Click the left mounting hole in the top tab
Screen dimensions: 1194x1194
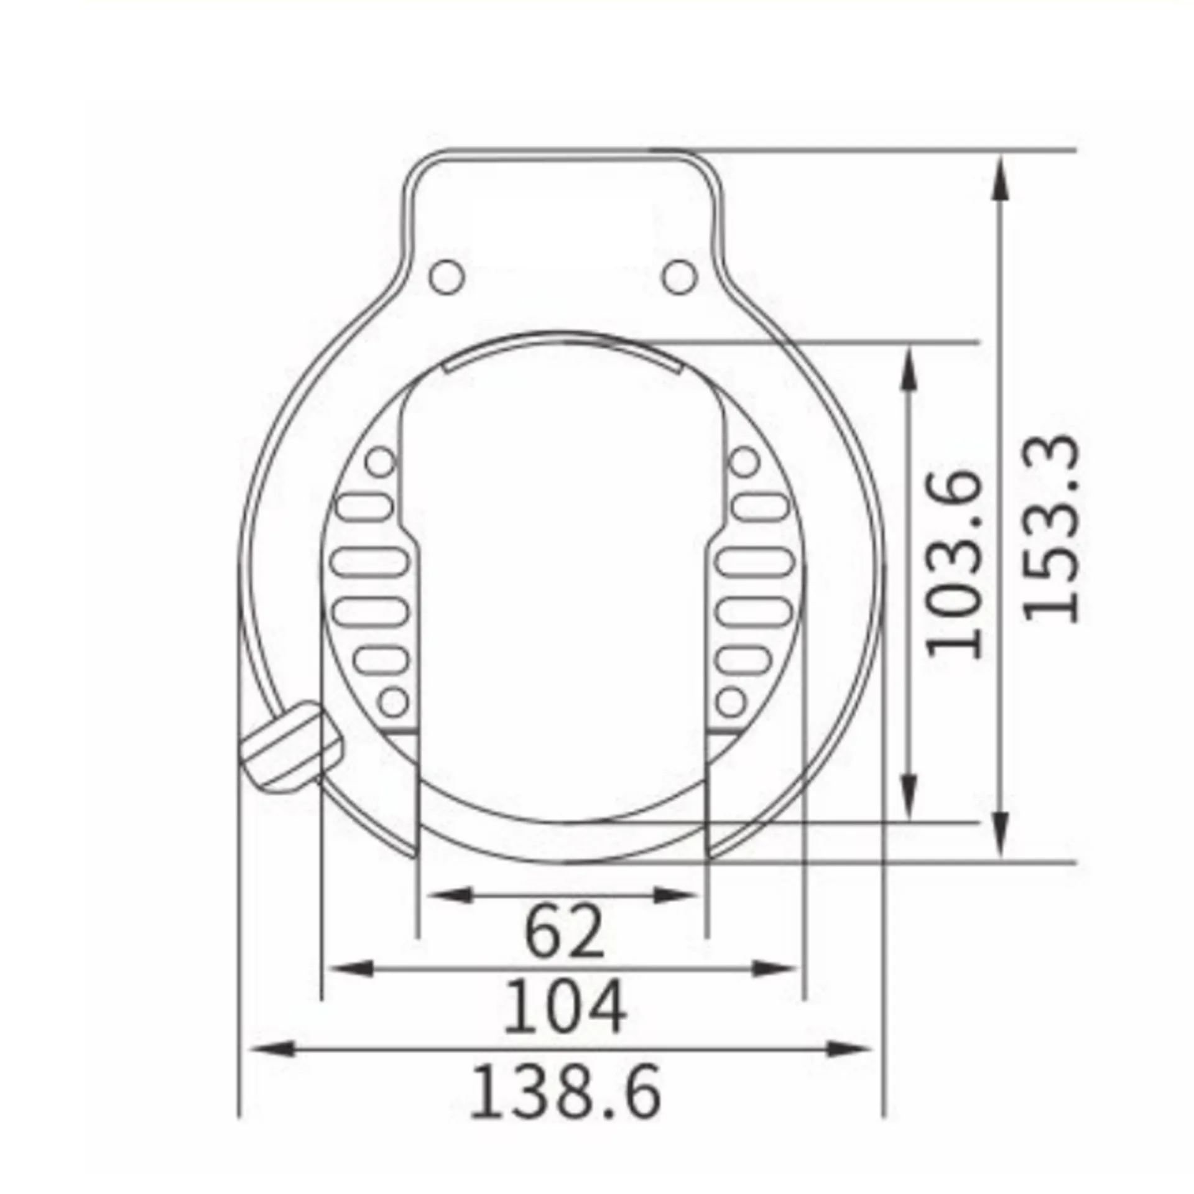coord(447,277)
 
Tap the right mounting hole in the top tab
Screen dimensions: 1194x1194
coord(678,277)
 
